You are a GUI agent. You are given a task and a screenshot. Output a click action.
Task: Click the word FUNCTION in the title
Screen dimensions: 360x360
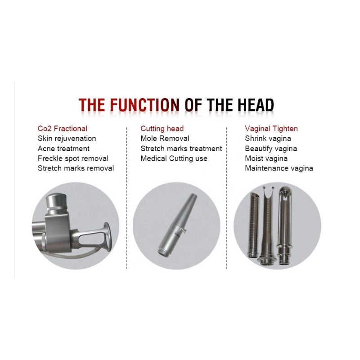click(x=145, y=105)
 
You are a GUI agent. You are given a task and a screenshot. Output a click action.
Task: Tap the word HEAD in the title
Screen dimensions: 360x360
click(x=256, y=105)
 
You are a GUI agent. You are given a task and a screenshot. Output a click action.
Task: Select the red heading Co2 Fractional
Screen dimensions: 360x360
click(x=63, y=129)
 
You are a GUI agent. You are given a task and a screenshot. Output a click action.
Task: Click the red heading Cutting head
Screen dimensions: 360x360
click(x=162, y=129)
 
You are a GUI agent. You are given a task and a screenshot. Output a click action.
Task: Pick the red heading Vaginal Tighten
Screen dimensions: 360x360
click(x=271, y=129)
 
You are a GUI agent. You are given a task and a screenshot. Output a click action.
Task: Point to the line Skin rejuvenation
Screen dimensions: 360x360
click(x=67, y=139)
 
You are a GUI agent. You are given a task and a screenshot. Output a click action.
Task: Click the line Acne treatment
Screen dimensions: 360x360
click(x=63, y=148)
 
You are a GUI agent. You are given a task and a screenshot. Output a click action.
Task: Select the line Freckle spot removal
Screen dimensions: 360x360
click(x=73, y=158)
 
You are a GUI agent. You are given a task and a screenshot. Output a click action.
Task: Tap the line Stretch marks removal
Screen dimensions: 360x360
click(x=76, y=168)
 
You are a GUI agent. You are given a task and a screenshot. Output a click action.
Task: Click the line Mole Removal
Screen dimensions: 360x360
click(x=165, y=139)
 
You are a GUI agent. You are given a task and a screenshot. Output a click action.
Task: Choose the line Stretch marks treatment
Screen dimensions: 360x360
click(x=181, y=148)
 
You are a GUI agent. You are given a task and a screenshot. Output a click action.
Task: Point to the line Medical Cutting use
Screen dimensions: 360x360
click(x=174, y=158)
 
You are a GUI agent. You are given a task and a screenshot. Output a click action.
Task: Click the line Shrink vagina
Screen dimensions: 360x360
click(x=268, y=139)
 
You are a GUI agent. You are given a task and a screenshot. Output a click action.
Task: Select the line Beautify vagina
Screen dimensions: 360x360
click(x=271, y=148)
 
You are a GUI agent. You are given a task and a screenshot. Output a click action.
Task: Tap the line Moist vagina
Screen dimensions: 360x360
click(x=266, y=158)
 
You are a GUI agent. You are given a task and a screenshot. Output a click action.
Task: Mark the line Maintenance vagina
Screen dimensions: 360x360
click(x=279, y=168)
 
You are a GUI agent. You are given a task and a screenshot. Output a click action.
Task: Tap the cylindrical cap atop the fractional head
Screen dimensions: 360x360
click(x=57, y=203)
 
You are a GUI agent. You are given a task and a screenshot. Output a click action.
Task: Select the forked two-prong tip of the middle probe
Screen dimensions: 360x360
click(x=268, y=193)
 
